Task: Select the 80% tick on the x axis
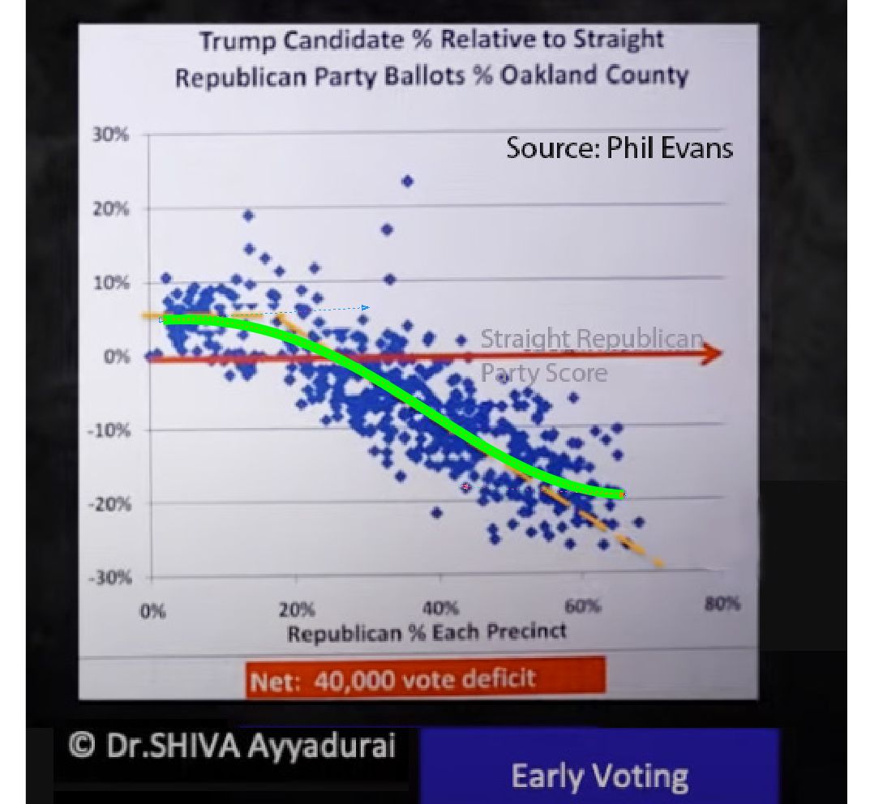point(722,605)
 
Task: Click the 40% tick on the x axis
point(440,607)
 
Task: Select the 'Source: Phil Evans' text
point(619,148)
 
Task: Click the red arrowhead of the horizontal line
point(712,354)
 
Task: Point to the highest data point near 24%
point(408,182)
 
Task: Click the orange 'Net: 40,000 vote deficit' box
point(425,678)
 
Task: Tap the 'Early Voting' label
point(599,776)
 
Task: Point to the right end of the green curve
point(621,494)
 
